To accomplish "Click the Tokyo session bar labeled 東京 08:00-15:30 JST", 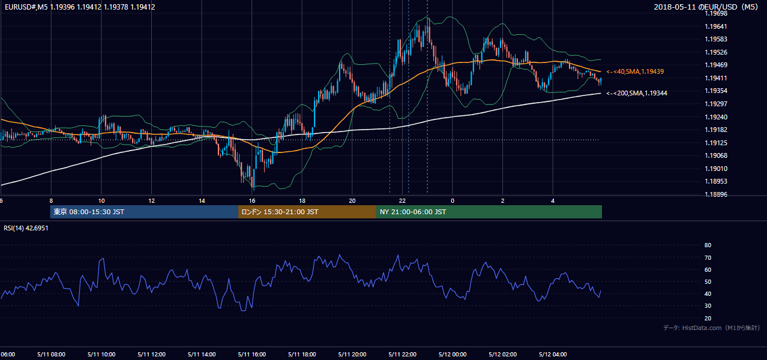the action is click(144, 212).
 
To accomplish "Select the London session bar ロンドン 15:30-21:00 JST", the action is click(307, 212).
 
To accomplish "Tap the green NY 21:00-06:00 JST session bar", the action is click(489, 212).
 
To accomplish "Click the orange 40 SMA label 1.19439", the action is click(635, 71).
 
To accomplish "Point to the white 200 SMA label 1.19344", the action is click(637, 93).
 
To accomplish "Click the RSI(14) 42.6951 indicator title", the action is click(26, 228).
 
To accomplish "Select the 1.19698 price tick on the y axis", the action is click(716, 14).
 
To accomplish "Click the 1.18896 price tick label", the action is click(716, 194).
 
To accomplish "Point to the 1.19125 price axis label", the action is click(716, 143).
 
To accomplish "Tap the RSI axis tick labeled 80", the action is click(708, 245).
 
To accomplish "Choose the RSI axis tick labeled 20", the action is click(708, 318).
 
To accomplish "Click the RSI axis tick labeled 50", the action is click(708, 281).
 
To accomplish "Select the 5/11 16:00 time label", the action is click(252, 355).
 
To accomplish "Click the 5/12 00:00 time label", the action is click(453, 355).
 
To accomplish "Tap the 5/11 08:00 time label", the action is click(52, 355).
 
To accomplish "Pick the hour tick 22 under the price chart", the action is click(402, 201).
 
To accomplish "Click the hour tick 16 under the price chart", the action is click(252, 201).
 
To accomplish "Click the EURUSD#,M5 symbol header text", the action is click(26, 7).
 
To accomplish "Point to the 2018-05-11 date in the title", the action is click(675, 7).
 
